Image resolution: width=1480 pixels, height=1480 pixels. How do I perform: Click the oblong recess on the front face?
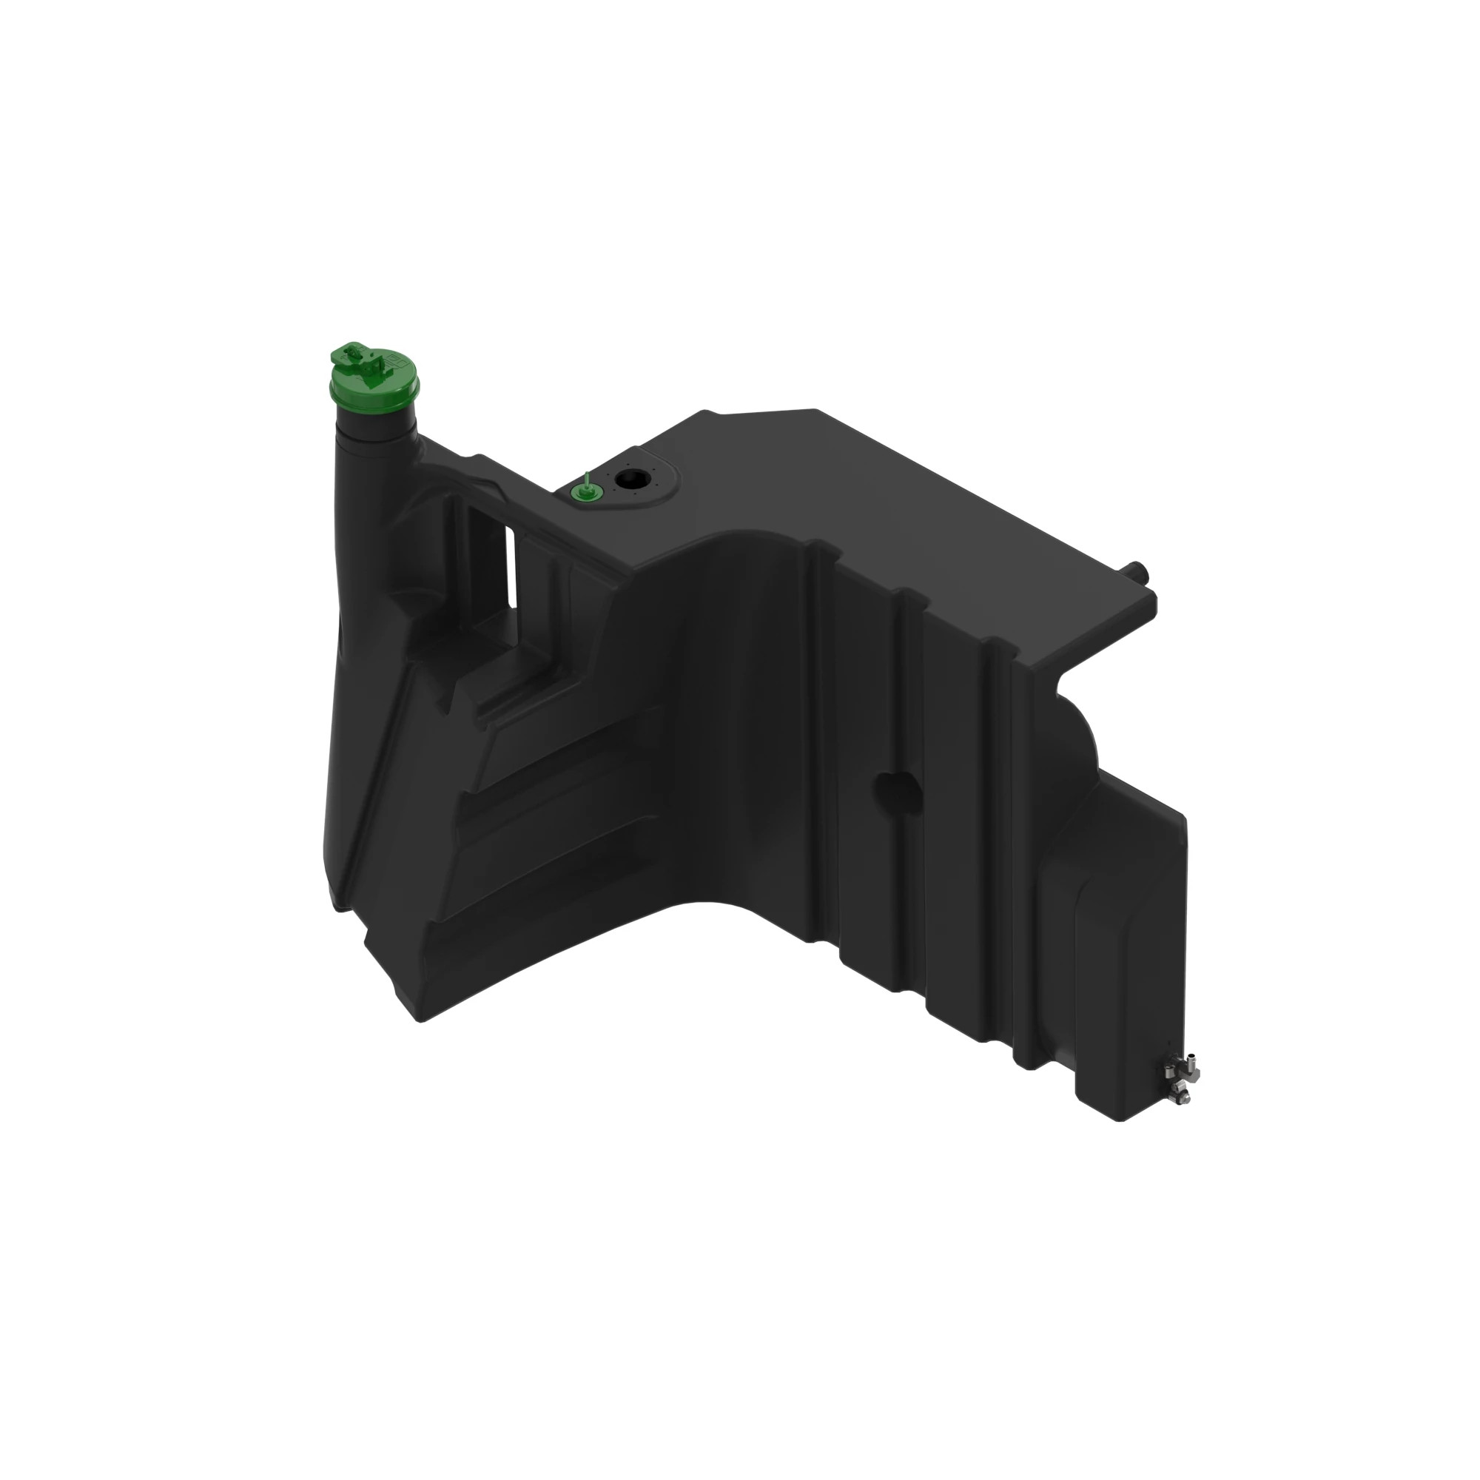[898, 788]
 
